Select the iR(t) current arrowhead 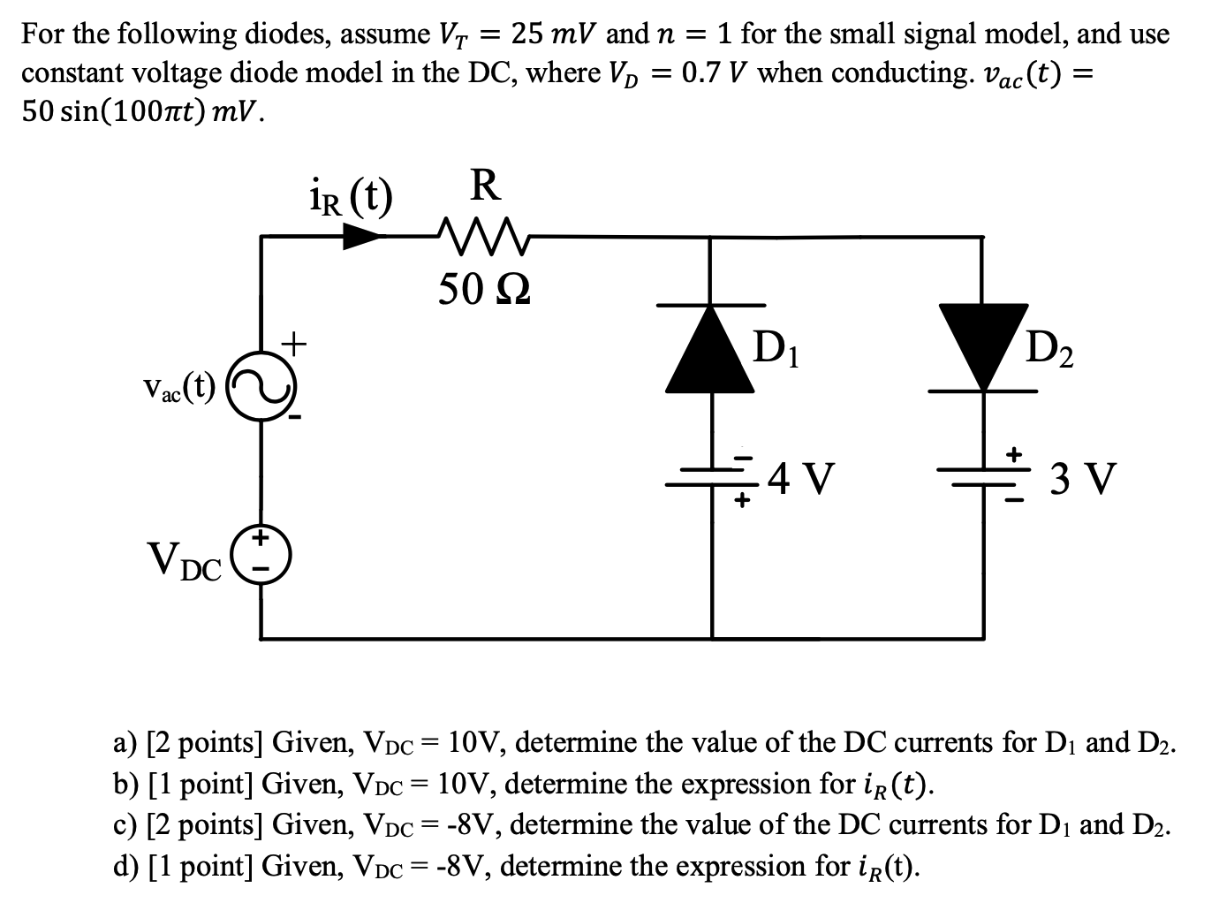(363, 235)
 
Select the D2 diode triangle (983, 345)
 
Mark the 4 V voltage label (801, 478)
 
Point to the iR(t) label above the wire (348, 195)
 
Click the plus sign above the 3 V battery (1016, 453)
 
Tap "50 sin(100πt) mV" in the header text (141, 112)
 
